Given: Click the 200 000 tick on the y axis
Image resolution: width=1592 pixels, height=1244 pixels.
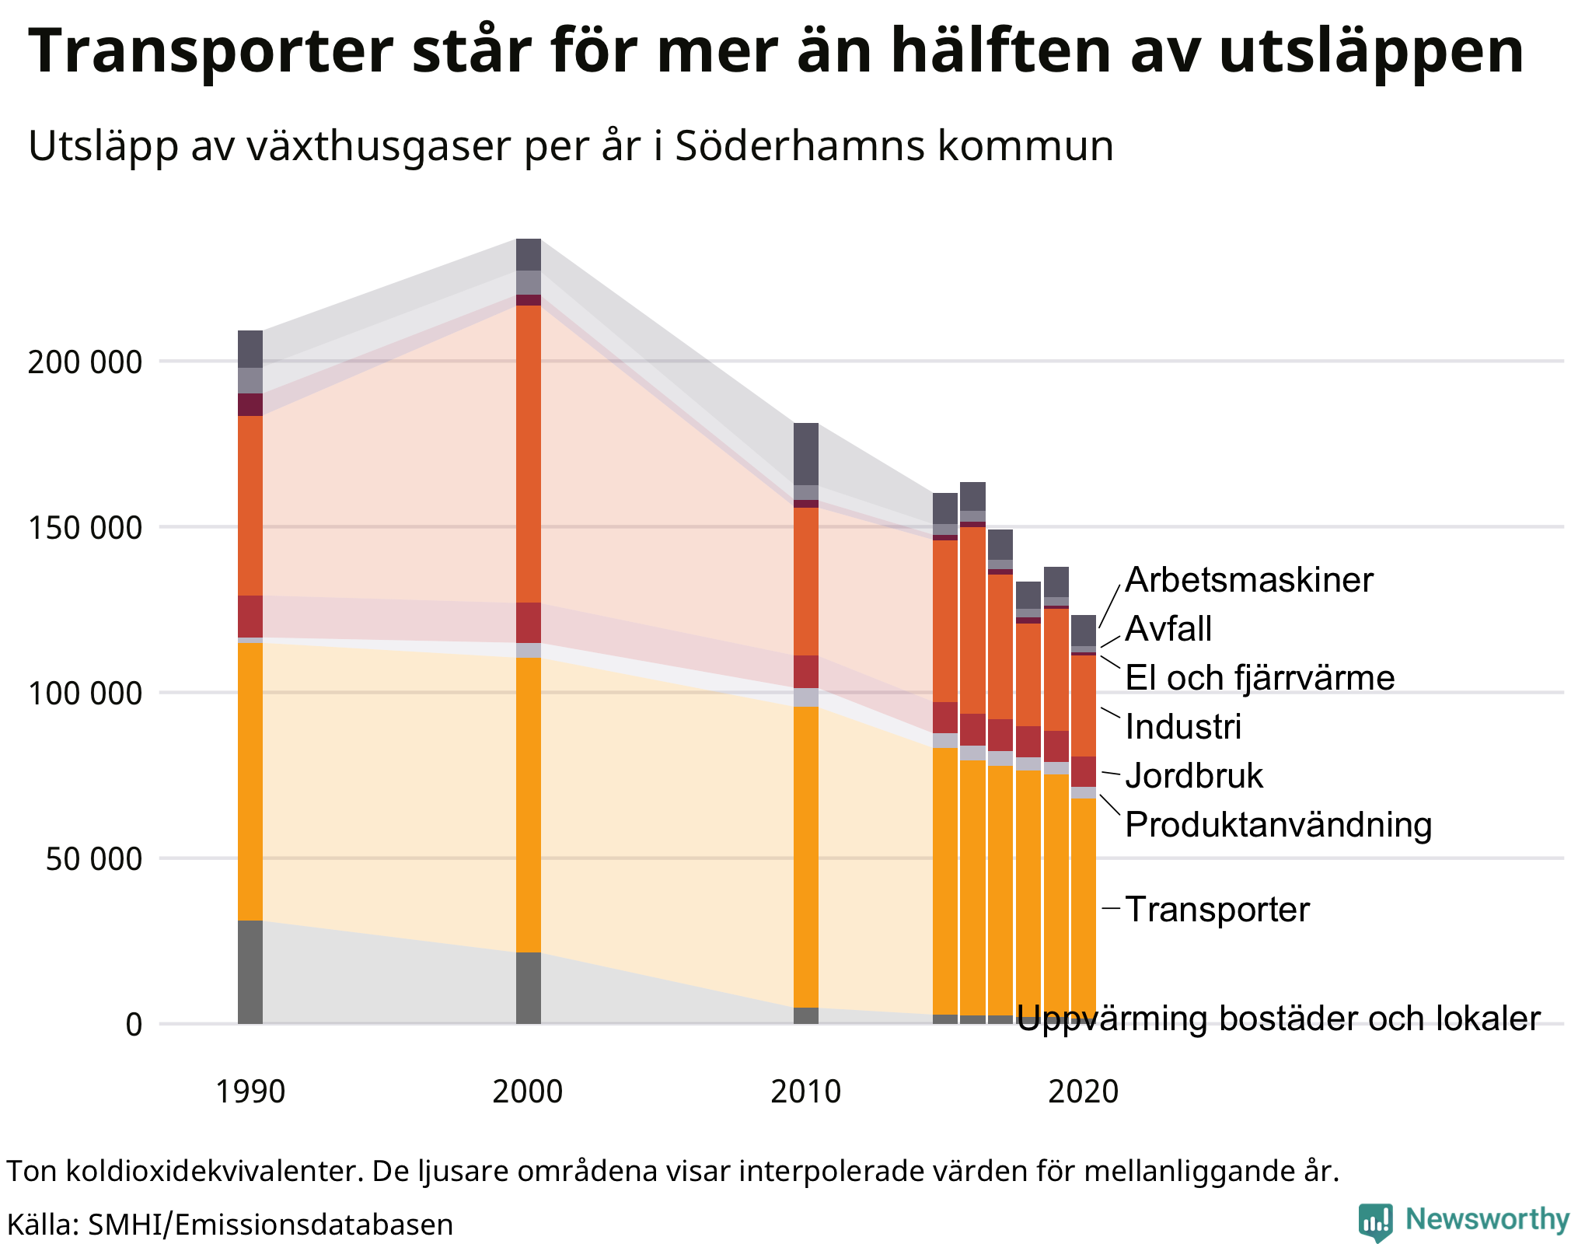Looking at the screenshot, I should tap(85, 362).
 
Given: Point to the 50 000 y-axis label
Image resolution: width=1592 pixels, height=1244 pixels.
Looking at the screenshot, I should tap(93, 859).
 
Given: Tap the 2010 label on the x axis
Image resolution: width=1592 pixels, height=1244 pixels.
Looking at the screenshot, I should tap(805, 1092).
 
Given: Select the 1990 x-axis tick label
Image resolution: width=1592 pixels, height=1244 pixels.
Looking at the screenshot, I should tap(250, 1092).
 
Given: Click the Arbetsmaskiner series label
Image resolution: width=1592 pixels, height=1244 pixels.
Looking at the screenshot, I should tap(1248, 580).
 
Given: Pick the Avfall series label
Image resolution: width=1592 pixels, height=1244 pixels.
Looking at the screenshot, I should tap(1168, 629).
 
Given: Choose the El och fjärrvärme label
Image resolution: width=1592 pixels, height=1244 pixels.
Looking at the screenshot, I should tap(1259, 678).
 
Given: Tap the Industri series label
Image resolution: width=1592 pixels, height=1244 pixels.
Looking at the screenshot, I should tap(1183, 727).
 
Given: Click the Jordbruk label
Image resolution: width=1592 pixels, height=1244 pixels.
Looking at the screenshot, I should tap(1194, 776).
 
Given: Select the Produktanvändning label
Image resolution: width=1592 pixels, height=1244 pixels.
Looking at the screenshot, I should tap(1278, 825).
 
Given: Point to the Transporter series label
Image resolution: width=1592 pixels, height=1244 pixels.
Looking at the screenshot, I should tap(1217, 910).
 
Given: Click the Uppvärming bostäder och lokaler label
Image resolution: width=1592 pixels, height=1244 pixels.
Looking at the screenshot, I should tap(1278, 1019).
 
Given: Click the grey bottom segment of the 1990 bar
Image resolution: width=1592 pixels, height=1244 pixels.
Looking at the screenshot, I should tap(250, 972).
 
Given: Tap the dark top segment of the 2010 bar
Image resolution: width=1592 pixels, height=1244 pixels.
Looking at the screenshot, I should tap(806, 454).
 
